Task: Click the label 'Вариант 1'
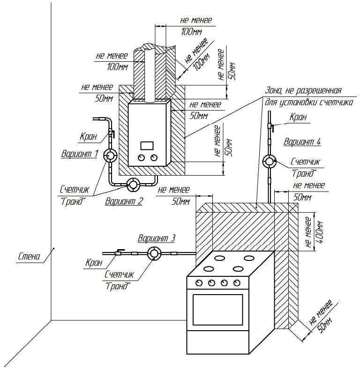(80, 153)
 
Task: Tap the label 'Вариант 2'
(124, 202)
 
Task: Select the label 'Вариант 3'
(157, 238)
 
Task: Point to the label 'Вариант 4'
(302, 141)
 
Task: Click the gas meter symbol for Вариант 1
(111, 155)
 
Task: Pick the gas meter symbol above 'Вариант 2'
(134, 185)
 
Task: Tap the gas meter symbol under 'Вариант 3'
(153, 253)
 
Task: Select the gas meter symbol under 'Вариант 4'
(269, 162)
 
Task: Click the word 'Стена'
(29, 256)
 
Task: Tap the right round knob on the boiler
(154, 158)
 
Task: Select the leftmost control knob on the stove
(199, 282)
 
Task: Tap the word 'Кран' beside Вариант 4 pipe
(298, 118)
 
